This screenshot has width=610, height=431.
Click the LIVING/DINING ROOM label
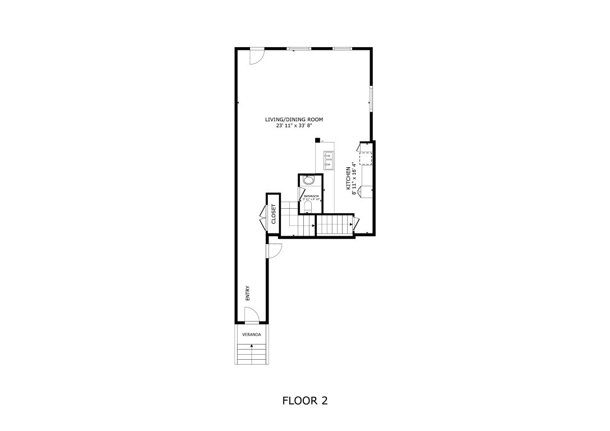click(x=294, y=120)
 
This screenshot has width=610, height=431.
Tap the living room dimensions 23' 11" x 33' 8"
click(x=294, y=126)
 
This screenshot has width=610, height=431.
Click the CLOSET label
click(x=274, y=213)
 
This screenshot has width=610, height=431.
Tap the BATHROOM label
click(x=311, y=196)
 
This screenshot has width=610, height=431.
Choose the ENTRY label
click(x=247, y=294)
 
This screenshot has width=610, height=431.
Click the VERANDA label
click(x=251, y=334)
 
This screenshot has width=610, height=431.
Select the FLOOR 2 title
click(x=304, y=401)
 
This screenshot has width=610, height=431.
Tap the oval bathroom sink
click(x=308, y=181)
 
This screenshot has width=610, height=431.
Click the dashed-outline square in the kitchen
click(x=366, y=158)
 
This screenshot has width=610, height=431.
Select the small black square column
click(x=317, y=140)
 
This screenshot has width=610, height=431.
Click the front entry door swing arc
click(x=252, y=315)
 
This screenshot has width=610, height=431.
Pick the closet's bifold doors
click(x=263, y=215)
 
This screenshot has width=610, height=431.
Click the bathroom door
click(x=302, y=194)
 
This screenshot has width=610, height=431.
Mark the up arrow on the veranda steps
click(x=251, y=346)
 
